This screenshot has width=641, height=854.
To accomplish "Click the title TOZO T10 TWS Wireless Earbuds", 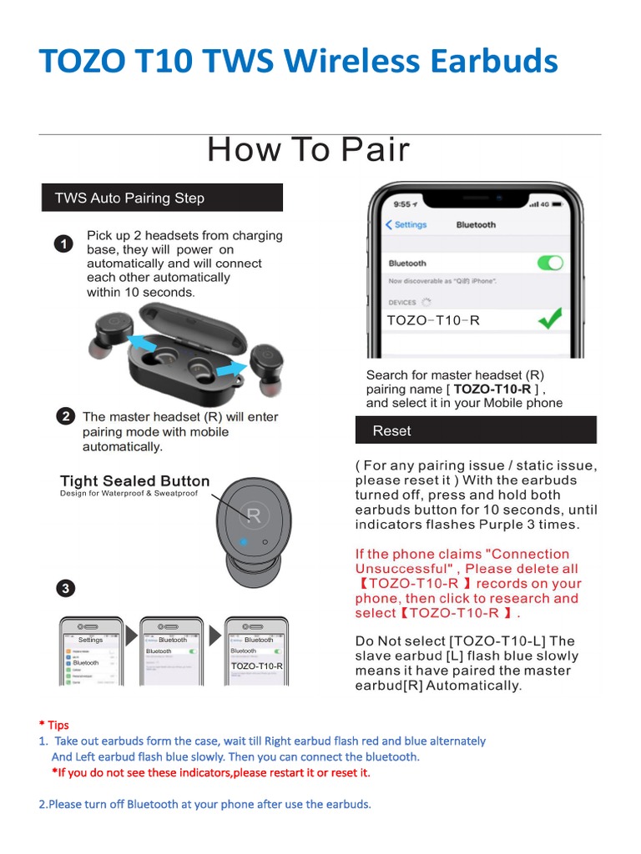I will (x=299, y=63).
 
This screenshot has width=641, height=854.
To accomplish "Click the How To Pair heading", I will (x=308, y=150).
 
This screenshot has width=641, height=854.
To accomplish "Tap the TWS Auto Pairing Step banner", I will (x=163, y=198).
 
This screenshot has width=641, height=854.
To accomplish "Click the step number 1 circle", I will (x=62, y=244).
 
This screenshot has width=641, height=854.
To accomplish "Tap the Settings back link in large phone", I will (x=406, y=225).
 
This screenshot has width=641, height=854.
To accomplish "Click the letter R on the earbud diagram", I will (x=254, y=517).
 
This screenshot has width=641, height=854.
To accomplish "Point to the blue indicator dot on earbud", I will (x=243, y=542).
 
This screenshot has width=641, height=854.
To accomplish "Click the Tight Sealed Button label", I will (x=134, y=481).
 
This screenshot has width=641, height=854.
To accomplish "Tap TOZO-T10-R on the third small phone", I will (x=257, y=666).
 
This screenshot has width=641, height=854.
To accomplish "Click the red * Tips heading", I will (x=53, y=726).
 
